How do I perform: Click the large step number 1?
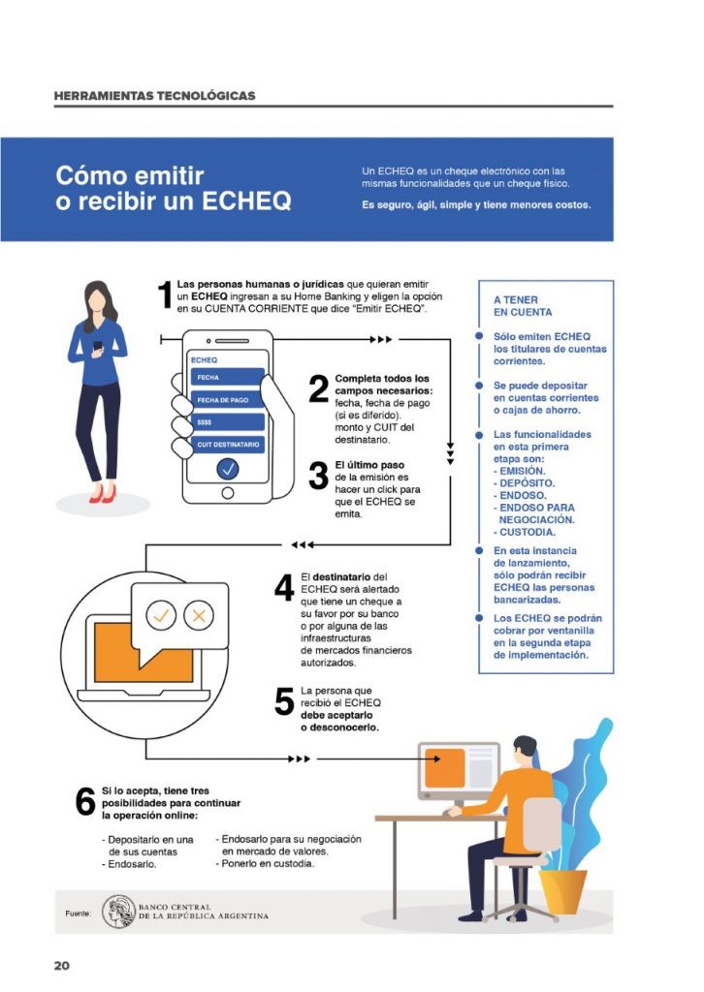coord(165,296)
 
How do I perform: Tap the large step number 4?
coord(284,587)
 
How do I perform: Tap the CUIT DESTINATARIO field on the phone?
coord(227,444)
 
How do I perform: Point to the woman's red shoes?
coord(102,494)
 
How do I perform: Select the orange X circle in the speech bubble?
coord(199,614)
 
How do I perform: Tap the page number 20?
coord(62,966)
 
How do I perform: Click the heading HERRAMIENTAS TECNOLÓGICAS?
coord(155,96)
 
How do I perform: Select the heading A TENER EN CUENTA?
coord(523,306)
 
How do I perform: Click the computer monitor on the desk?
coord(458,770)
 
